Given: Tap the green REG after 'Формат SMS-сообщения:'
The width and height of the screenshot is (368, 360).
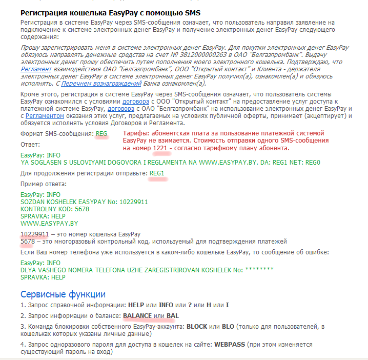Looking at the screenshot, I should pos(101,133).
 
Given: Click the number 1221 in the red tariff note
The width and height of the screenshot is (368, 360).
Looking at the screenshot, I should pos(159,148).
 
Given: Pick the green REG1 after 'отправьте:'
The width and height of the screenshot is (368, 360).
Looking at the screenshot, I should pos(157,173).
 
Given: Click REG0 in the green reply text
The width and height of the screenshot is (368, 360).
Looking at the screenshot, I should pos(312,162).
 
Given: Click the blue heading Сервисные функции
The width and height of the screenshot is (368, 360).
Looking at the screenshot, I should pos(63,294).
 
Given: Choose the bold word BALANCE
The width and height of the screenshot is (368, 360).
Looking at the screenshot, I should pos(137,315).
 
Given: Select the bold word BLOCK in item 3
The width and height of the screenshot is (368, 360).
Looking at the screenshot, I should pos(197,326).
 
